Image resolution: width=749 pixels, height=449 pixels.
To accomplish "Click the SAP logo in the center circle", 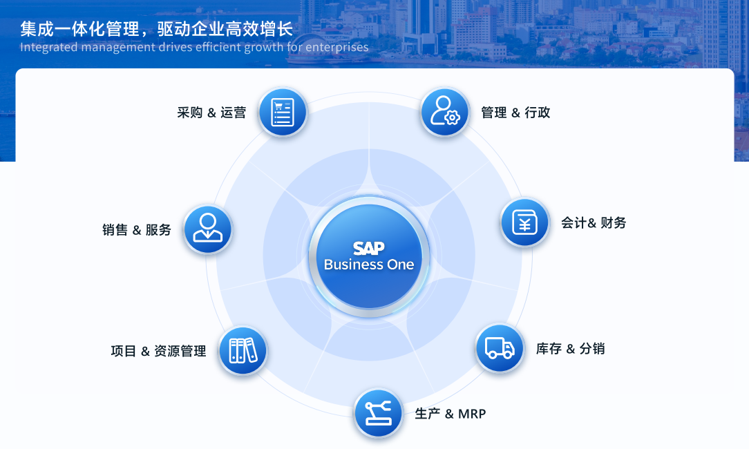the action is click(x=369, y=248).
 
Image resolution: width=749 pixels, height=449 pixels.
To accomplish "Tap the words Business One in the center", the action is click(x=369, y=265).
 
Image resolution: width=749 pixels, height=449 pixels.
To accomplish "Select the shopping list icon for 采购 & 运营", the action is click(x=283, y=112).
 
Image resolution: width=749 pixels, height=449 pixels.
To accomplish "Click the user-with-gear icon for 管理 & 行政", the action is click(x=445, y=112).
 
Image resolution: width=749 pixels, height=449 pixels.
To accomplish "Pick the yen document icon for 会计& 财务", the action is click(x=524, y=222).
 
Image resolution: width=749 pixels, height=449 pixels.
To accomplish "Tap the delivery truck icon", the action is click(x=500, y=348).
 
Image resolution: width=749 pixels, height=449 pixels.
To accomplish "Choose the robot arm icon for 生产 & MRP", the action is click(x=379, y=413).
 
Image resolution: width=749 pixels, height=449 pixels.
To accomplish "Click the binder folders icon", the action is click(x=243, y=351).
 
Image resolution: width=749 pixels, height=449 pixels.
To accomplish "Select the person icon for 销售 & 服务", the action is click(x=208, y=229).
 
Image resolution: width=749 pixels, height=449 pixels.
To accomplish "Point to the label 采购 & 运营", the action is click(x=211, y=113).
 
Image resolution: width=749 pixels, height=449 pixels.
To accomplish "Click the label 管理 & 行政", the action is click(x=515, y=113).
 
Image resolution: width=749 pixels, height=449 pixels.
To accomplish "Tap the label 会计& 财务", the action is click(x=594, y=222).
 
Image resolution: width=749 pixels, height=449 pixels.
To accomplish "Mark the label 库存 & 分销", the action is click(x=570, y=349).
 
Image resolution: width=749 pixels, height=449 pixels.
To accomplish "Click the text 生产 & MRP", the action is click(x=450, y=414).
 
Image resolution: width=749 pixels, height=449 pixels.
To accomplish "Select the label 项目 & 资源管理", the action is click(x=159, y=351).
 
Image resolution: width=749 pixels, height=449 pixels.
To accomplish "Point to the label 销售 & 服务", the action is click(x=137, y=230).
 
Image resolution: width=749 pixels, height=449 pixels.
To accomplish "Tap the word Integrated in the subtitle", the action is click(x=49, y=47).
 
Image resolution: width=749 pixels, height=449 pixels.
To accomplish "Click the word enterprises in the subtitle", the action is click(x=336, y=47).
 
